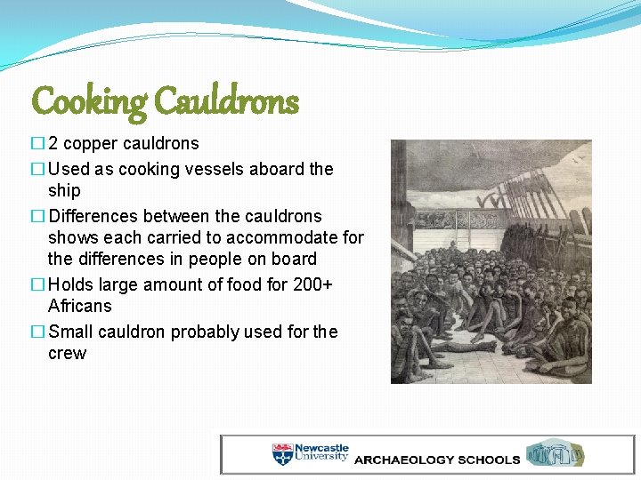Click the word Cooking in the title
pyautogui.click(x=89, y=102)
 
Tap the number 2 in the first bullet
pyautogui.click(x=53, y=144)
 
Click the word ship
pyautogui.click(x=64, y=190)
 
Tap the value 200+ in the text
pyautogui.click(x=316, y=284)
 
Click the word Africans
pyautogui.click(x=80, y=306)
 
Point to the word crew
pyautogui.click(x=68, y=353)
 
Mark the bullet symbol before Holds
pyautogui.click(x=37, y=284)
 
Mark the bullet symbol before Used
pyautogui.click(x=37, y=169)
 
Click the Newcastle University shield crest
pyautogui.click(x=282, y=453)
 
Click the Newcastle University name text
pyautogui.click(x=321, y=452)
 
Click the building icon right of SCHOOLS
pyautogui.click(x=556, y=453)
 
